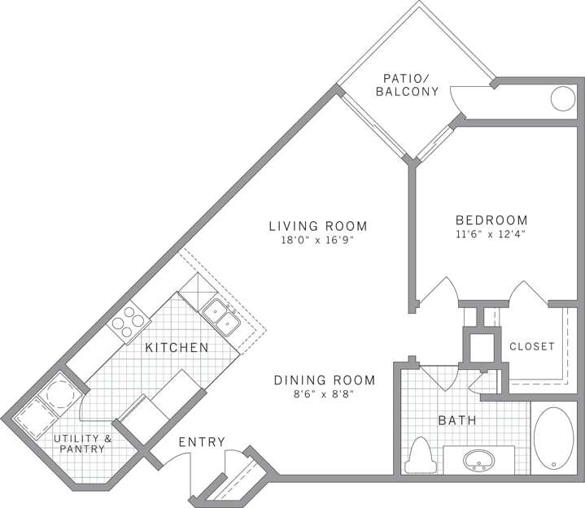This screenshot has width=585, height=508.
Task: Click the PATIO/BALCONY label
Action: [407, 85]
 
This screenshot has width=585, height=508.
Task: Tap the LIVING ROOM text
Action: [319, 226]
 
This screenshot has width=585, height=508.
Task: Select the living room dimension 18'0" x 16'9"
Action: [319, 241]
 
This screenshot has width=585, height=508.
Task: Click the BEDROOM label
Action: [491, 220]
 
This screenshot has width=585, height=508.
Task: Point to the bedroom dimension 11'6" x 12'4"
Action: [491, 235]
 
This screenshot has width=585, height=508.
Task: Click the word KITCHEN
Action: [177, 348]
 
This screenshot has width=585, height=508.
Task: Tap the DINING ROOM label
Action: [324, 380]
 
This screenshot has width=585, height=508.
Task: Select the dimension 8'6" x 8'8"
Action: [324, 395]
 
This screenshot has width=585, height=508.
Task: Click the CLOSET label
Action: [531, 346]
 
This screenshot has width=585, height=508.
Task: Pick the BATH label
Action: [457, 421]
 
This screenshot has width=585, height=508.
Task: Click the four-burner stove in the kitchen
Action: [124, 323]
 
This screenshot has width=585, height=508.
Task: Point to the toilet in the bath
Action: [421, 455]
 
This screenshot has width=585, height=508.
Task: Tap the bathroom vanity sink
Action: [478, 461]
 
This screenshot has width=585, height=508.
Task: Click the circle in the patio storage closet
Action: [562, 98]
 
